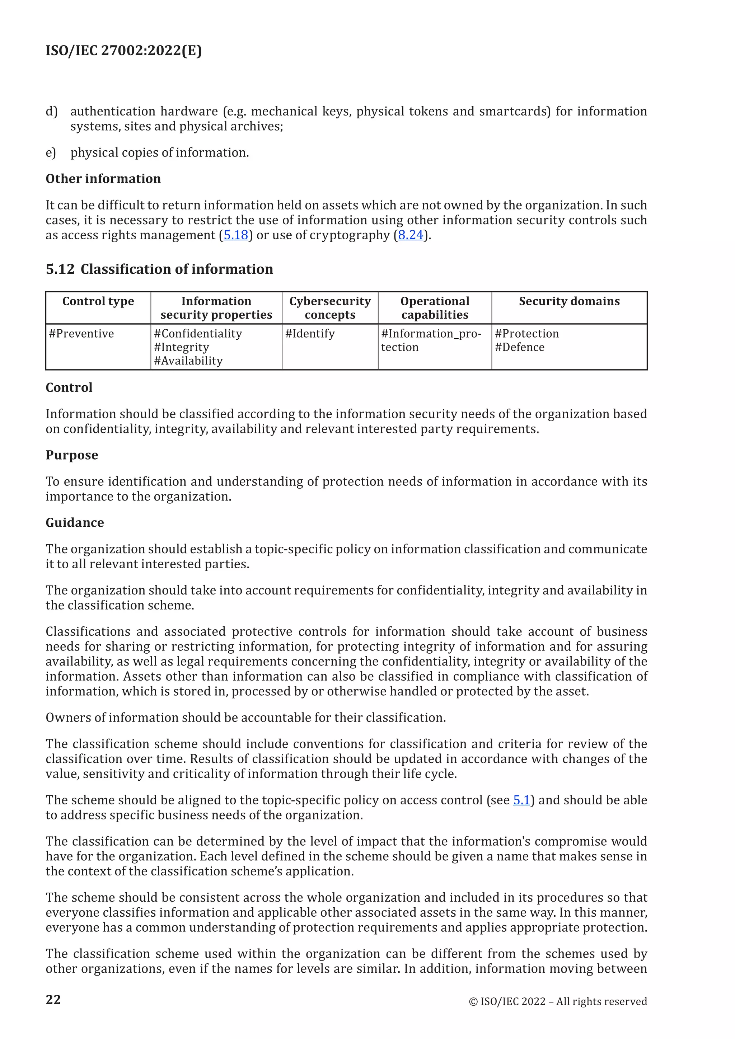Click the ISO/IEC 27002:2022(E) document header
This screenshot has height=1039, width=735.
coord(123,50)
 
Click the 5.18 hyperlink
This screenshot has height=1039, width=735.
coord(236,235)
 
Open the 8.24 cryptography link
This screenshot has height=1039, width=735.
coord(411,235)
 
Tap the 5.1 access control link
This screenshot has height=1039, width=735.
coord(521,800)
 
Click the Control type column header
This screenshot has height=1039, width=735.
coord(98,301)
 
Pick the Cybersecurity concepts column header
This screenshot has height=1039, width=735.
coord(330,308)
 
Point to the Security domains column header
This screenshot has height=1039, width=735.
coord(569,301)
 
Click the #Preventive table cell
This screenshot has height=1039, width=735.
coord(81,334)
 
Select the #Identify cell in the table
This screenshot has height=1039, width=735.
coord(310,334)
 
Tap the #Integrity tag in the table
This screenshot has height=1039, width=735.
coord(182,348)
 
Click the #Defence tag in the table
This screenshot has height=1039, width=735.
coord(520,348)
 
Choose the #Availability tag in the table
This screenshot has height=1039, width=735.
coord(188,361)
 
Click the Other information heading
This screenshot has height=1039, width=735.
coord(103,179)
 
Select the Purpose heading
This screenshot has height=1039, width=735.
coord(71,455)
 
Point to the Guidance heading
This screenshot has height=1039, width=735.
coord(75,523)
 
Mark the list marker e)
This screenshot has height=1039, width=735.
coord(51,153)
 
